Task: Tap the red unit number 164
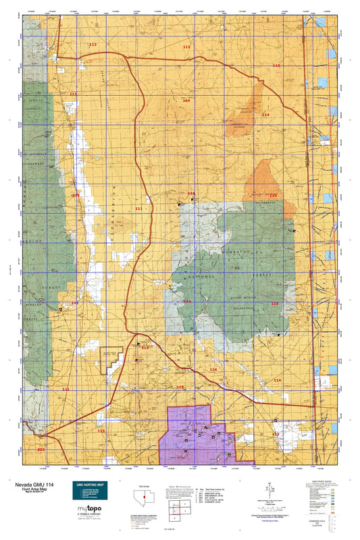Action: click(x=186, y=100)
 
